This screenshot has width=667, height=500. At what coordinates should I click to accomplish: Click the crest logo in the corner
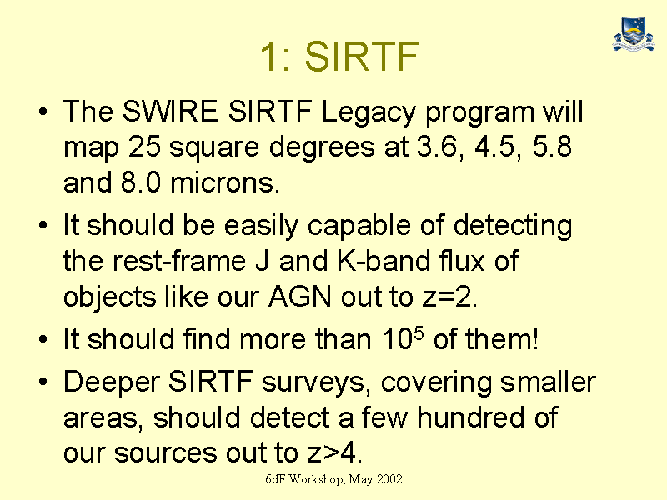coord(634,34)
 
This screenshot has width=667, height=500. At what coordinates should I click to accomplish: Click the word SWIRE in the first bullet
coord(170,112)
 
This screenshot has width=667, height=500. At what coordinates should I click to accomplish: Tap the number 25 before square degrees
coord(144,147)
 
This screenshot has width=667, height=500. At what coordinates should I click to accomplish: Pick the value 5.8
coord(552,147)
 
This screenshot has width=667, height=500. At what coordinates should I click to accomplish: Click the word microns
coord(224,182)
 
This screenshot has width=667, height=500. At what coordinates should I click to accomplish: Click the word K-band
coord(384,260)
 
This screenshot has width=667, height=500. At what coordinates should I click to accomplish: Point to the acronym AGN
coord(300,296)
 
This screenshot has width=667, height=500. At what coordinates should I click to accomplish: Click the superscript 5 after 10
coord(419,332)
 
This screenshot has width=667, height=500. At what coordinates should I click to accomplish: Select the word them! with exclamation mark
coord(502,339)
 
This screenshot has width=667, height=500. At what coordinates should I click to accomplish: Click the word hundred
coord(471,417)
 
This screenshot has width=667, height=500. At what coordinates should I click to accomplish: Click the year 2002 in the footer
coord(389,479)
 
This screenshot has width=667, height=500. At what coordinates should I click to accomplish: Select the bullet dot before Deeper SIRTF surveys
coord(43,382)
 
